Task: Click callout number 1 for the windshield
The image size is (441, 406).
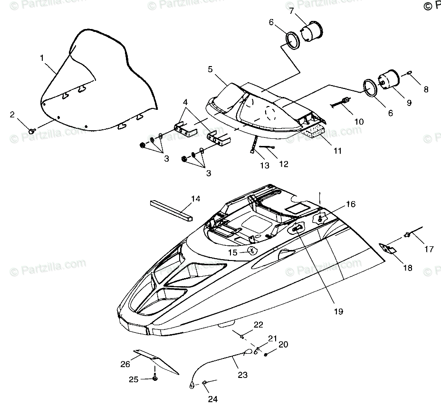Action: [42, 58]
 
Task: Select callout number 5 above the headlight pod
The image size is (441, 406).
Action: [210, 69]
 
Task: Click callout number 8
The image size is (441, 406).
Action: [426, 89]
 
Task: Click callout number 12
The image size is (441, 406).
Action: [283, 164]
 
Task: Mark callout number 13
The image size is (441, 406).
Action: [264, 165]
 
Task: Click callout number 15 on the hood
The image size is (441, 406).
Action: [232, 253]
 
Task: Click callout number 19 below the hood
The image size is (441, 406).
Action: [338, 311]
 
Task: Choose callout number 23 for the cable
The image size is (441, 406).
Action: [242, 375]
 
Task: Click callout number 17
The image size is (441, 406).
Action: [429, 249]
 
